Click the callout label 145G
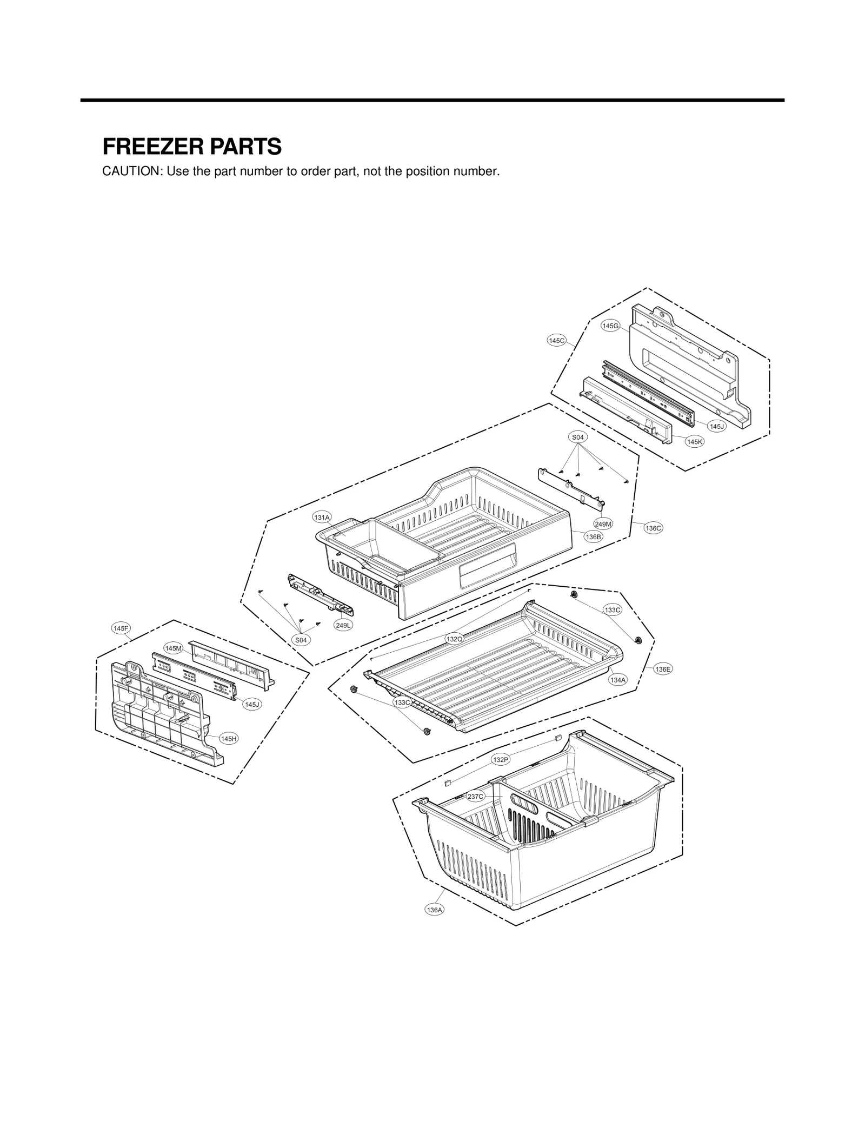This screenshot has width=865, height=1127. [x=610, y=326]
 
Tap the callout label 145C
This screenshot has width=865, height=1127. [x=556, y=340]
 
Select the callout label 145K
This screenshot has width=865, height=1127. [x=695, y=442]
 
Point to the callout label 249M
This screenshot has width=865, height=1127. [x=603, y=523]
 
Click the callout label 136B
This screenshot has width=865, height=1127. [x=593, y=536]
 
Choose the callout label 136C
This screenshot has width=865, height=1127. [x=653, y=528]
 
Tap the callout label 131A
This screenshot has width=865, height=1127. [x=322, y=518]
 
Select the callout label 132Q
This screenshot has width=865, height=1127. [x=454, y=639]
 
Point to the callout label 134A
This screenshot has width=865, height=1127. [x=617, y=680]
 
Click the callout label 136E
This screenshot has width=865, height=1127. [x=663, y=669]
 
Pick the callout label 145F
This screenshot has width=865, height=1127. [x=121, y=628]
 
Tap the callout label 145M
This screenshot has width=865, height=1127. [x=174, y=648]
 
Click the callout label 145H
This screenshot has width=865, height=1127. [x=229, y=739]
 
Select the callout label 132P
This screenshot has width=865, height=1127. [x=501, y=760]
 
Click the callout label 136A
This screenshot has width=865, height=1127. [x=434, y=910]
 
